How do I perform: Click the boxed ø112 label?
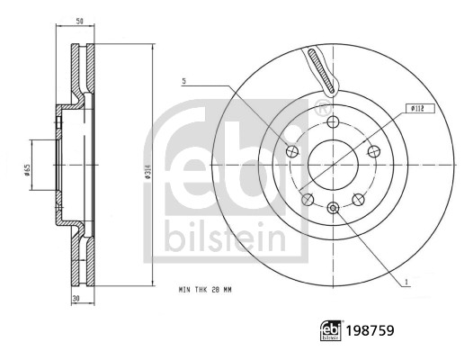click(x=417, y=109)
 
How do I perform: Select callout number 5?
click(x=184, y=81)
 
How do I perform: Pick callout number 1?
click(x=406, y=282)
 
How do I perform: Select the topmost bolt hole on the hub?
click(x=334, y=123)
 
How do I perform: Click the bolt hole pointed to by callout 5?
click(x=292, y=151)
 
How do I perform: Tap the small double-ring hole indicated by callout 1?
click(x=334, y=209)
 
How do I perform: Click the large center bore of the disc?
click(x=334, y=166)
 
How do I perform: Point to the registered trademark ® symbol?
click(x=320, y=111)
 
